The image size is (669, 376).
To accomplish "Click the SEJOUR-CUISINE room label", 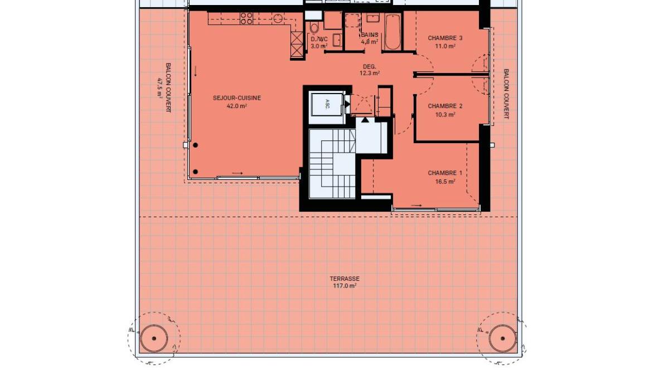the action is (x=237, y=98).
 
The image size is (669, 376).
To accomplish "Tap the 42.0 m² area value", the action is (x=237, y=106).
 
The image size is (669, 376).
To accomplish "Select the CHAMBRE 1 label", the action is (x=445, y=173).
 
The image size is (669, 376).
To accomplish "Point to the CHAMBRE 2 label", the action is (x=445, y=106).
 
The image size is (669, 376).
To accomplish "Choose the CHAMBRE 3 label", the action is (x=445, y=38).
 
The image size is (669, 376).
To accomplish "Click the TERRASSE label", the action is (x=345, y=279).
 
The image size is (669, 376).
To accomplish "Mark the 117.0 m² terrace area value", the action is (x=345, y=286).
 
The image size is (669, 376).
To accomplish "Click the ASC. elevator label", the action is (x=327, y=104).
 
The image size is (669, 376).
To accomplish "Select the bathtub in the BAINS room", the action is (x=392, y=32).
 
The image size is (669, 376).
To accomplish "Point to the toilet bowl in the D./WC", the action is (x=314, y=27).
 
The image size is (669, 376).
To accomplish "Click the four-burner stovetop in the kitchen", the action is (x=246, y=18).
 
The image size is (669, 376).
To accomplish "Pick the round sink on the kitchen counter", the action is (x=278, y=18).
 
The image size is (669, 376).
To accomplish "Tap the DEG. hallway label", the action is (x=370, y=66).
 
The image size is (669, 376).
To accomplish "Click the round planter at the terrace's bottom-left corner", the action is (x=154, y=339).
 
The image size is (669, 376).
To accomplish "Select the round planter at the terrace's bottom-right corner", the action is (x=503, y=339).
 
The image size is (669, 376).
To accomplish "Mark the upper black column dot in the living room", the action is (x=195, y=145).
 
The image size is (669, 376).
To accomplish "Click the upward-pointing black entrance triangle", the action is (x=365, y=120).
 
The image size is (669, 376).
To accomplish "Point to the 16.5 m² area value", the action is (x=445, y=181).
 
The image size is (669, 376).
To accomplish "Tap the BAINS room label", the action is (x=370, y=35).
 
